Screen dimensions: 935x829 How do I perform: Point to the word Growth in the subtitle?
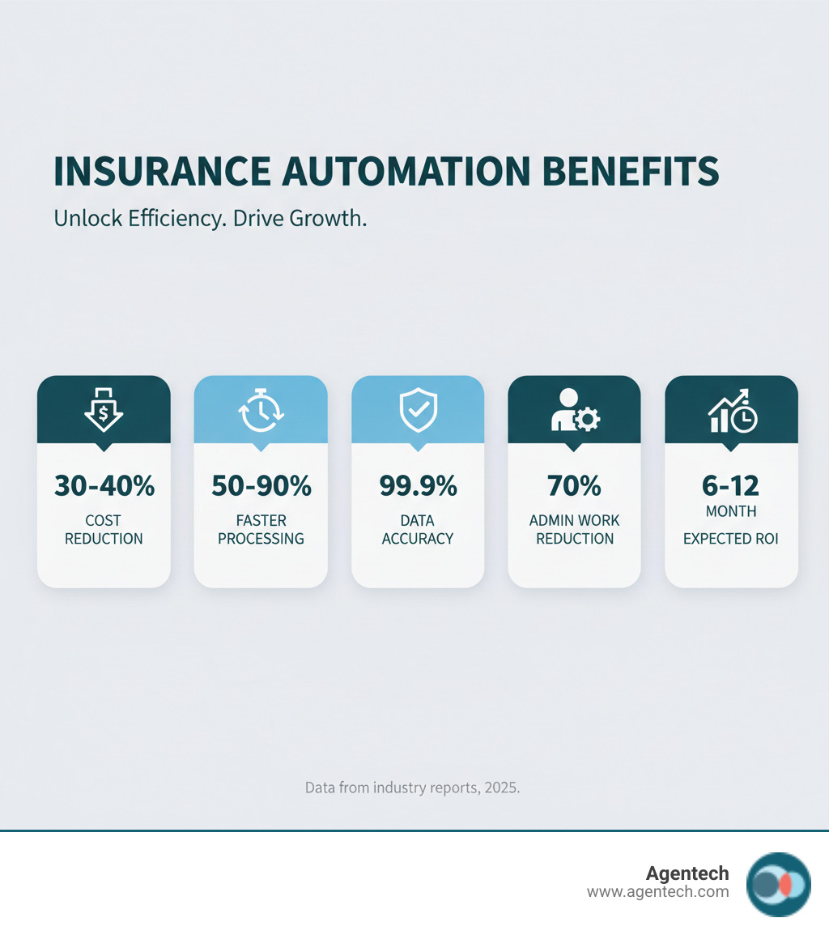[x=329, y=219]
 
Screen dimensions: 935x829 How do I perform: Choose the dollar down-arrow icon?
[x=104, y=409]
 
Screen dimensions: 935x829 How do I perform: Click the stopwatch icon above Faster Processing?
[x=261, y=410]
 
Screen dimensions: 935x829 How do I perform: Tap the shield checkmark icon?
[x=418, y=410]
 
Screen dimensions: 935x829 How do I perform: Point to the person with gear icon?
[x=574, y=410]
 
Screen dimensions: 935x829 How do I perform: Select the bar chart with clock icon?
[x=732, y=410]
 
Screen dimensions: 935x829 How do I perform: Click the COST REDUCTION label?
[x=104, y=529]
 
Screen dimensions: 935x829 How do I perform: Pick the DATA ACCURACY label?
[x=418, y=529]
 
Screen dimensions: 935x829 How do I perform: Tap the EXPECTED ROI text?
[x=731, y=538]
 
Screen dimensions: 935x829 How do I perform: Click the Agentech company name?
[x=687, y=873]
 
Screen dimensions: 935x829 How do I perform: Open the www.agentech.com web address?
[x=657, y=892]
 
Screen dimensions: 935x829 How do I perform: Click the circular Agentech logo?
[x=778, y=884]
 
